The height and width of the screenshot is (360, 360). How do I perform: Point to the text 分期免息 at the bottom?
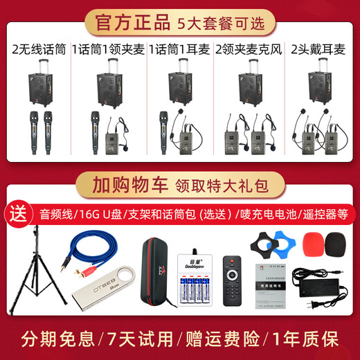pyautogui.click(x=51, y=339)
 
